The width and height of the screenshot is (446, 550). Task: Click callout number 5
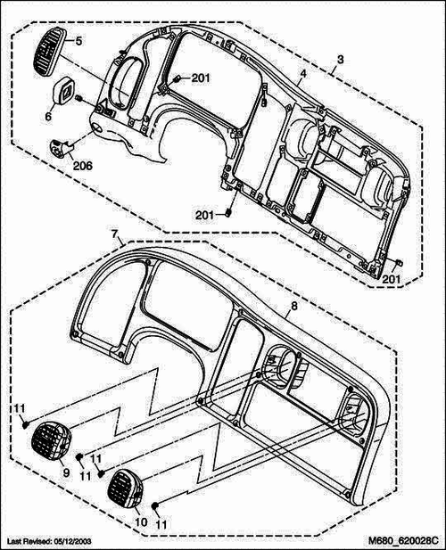click(x=78, y=41)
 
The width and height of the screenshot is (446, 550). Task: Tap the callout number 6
click(x=49, y=115)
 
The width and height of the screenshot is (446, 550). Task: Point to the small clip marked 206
click(x=62, y=146)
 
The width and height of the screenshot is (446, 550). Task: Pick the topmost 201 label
click(x=200, y=78)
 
